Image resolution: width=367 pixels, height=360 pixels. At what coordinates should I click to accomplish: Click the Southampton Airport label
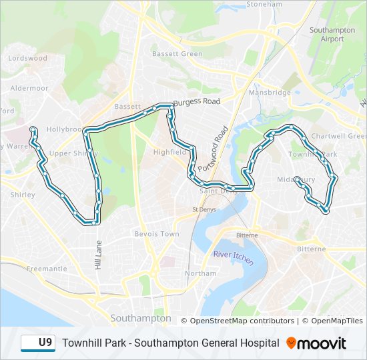[x=327, y=34]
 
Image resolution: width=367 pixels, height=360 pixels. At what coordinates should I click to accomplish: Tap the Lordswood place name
[x=27, y=59]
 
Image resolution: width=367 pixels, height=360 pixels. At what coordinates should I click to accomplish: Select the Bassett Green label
[x=177, y=54]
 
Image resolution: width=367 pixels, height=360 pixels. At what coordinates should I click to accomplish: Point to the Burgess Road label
[x=196, y=102]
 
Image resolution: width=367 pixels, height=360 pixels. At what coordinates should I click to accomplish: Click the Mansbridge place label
[x=270, y=93]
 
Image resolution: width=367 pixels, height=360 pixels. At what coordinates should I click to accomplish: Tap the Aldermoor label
[x=29, y=88]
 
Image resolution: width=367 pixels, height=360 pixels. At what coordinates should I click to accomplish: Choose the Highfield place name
[x=169, y=152]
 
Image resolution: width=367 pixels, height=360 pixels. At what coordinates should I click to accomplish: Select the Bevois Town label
[x=157, y=234]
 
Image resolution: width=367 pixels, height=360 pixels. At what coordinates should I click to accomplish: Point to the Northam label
[x=200, y=273]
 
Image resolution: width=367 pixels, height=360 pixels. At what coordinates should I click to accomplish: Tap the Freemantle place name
[x=47, y=269]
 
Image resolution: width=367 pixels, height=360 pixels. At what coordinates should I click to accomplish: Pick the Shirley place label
[x=23, y=195]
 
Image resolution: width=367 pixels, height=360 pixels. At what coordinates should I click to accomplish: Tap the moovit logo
[x=316, y=343]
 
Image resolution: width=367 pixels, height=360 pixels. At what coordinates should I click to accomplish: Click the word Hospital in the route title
[x=259, y=343]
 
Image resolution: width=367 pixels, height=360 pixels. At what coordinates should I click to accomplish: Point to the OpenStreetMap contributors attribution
[x=242, y=321]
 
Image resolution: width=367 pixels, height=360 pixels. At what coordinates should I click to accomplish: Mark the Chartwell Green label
[x=338, y=136]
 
